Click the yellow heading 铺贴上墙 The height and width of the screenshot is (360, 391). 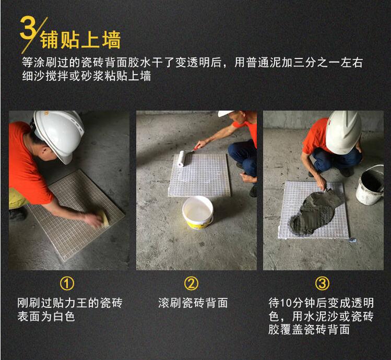click(80, 40)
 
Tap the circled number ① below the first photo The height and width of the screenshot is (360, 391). click(67, 283)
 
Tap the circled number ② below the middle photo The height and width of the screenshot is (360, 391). click(191, 283)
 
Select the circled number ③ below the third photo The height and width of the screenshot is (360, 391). click(322, 283)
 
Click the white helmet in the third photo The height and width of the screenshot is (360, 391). click(343, 131)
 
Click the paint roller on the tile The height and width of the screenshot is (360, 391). click(181, 159)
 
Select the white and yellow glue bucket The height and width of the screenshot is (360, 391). click(198, 212)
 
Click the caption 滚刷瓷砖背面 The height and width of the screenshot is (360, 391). click(193, 303)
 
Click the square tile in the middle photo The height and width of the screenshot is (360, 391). click(199, 175)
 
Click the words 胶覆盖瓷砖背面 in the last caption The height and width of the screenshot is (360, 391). click(309, 330)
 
